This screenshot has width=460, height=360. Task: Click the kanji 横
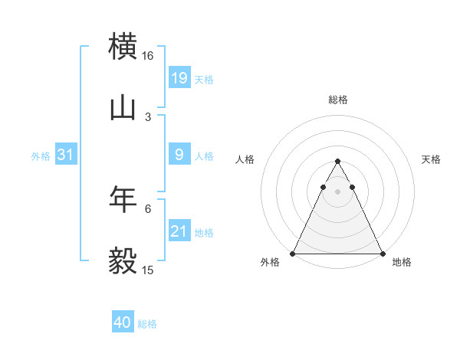[123, 46]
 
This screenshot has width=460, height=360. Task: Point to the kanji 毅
[123, 260]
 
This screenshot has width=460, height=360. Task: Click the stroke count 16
[147, 56]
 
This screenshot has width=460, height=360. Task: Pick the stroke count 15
[147, 270]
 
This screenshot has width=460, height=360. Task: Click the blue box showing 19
[179, 78]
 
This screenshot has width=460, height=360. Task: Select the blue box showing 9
[179, 155]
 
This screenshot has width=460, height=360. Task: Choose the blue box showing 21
[179, 231]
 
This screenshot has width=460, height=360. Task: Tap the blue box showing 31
[65, 155]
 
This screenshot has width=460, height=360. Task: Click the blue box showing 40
[123, 322]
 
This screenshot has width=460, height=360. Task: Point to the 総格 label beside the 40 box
[147, 324]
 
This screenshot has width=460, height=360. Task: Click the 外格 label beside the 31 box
[41, 156]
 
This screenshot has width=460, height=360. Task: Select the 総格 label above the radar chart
[337, 100]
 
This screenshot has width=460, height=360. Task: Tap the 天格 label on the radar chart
[432, 159]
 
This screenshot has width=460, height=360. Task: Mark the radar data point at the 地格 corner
[383, 254]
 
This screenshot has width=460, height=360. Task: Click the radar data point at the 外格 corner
[293, 254]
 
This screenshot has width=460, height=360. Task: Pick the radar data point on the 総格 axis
[337, 162]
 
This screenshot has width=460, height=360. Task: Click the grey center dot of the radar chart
[337, 191]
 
